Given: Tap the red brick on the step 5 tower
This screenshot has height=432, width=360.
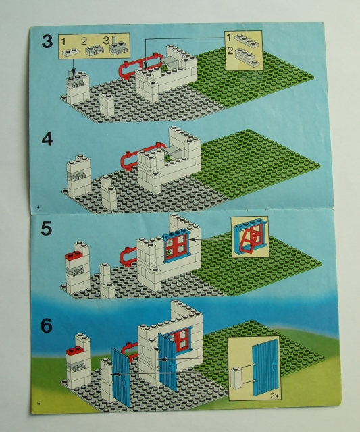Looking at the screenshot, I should point(74,257).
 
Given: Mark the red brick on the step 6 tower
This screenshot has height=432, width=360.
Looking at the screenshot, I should point(74,352).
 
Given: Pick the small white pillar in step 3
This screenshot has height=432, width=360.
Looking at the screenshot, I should point(106,105).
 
